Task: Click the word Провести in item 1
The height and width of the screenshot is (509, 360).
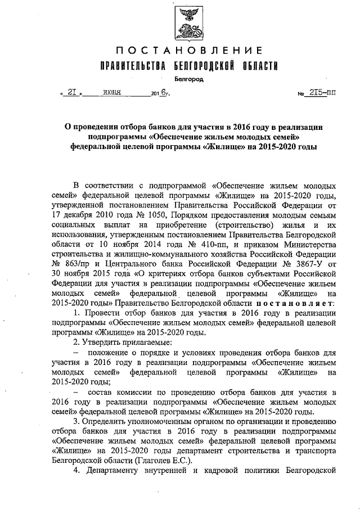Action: tap(105, 313)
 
